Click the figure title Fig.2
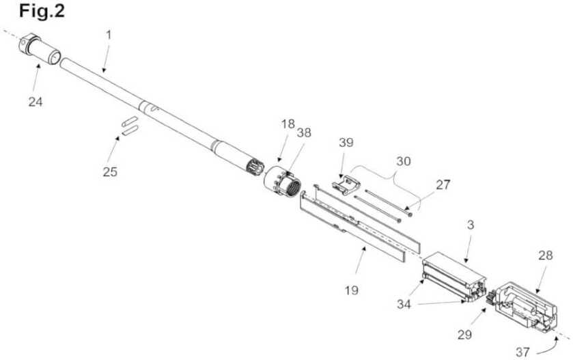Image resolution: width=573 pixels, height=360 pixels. [x=33, y=12]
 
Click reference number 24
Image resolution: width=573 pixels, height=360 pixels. [x=35, y=102]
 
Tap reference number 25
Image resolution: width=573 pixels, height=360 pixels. [x=110, y=171]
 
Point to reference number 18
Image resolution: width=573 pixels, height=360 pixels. [x=288, y=124]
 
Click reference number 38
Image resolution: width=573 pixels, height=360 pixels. [x=303, y=134]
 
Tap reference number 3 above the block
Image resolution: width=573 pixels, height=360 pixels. [x=470, y=225]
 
